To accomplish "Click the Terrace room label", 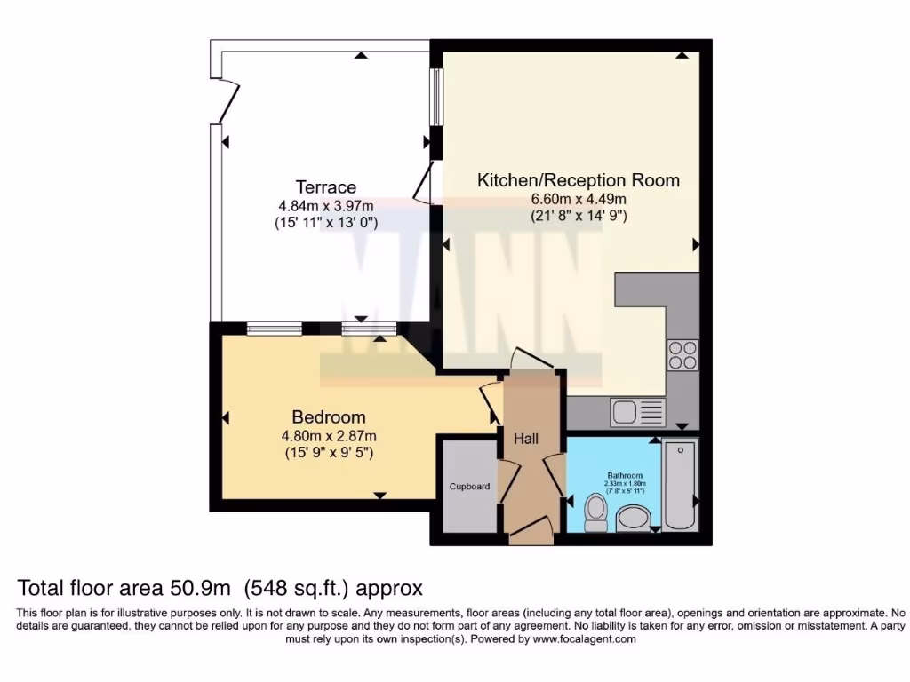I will click(325, 187).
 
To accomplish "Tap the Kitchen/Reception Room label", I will click(579, 180).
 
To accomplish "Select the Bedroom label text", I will click(329, 417).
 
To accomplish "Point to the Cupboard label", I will click(469, 487).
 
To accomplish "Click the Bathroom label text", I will click(625, 475).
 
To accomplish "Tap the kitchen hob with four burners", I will click(682, 354).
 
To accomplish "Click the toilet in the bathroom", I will click(596, 512).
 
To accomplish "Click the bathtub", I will click(681, 484).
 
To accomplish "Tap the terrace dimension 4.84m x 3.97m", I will click(325, 206).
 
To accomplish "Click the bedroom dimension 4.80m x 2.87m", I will click(329, 436).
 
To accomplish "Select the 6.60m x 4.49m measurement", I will click(579, 199).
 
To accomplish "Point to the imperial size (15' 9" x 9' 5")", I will click(329, 453).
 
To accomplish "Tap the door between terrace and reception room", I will click(425, 184).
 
